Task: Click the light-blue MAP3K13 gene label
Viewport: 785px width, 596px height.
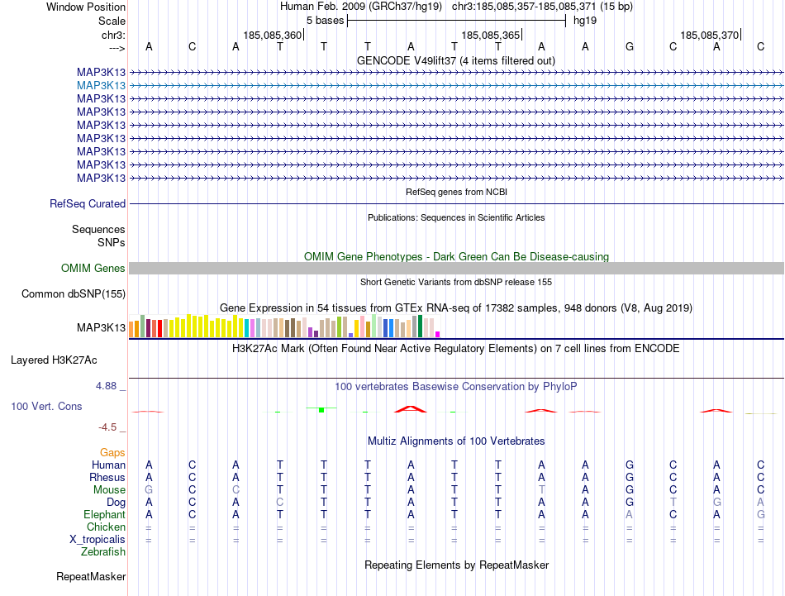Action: [x=102, y=85]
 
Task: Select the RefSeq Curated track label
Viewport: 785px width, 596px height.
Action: [x=88, y=203]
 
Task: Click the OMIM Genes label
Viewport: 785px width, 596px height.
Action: [x=93, y=268]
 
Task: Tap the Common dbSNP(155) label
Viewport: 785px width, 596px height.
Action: [x=74, y=293]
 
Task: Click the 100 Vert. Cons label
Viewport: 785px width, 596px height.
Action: [x=46, y=407]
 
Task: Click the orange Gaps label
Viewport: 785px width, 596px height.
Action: [x=112, y=452]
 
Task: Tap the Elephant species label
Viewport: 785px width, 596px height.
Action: [x=103, y=513]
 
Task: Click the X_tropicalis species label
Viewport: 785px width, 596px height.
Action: [x=98, y=539]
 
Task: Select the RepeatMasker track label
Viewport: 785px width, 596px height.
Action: [x=91, y=576]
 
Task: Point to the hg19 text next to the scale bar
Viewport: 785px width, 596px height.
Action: [x=585, y=20]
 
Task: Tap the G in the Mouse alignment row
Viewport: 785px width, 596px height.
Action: [x=149, y=489]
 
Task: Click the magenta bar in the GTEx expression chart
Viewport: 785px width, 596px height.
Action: [x=437, y=334]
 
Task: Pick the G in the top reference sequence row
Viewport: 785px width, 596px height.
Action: [x=630, y=46]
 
